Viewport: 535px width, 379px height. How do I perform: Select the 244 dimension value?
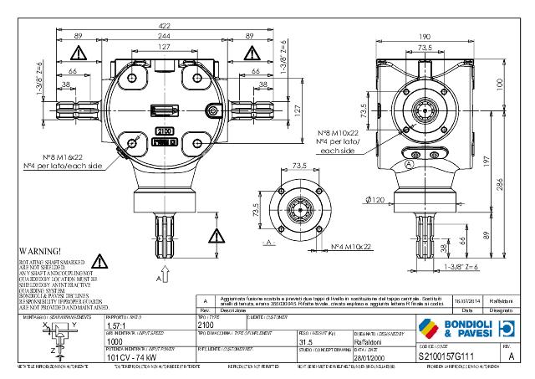162,37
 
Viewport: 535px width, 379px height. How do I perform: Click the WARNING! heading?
38,250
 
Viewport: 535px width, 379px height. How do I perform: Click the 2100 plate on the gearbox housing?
166,131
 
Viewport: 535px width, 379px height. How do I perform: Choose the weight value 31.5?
307,341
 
